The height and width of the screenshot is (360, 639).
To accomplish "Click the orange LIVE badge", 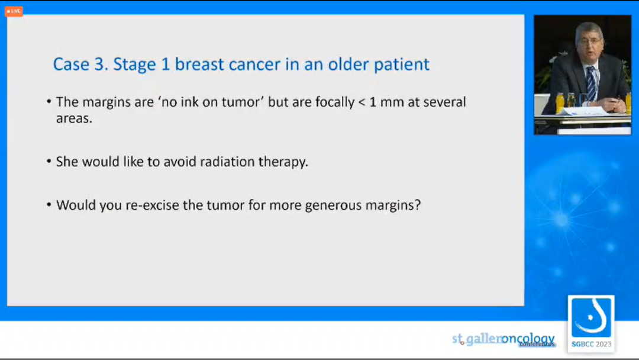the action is (x=14, y=11).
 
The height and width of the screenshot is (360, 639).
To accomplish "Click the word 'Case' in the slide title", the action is (x=71, y=64).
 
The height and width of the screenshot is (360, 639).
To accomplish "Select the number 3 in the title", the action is (x=101, y=64).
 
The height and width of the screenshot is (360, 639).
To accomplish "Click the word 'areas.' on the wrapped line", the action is (x=74, y=118).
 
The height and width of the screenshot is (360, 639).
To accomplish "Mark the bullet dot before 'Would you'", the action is (x=49, y=204).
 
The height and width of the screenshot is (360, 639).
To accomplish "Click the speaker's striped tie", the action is (x=590, y=83).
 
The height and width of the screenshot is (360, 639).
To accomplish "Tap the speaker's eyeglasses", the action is (x=590, y=41).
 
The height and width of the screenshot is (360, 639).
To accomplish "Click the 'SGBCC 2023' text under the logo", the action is (x=591, y=344).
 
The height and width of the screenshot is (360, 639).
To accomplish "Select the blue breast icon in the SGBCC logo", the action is (x=591, y=317).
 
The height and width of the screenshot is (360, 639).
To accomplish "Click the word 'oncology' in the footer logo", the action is (x=528, y=339).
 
